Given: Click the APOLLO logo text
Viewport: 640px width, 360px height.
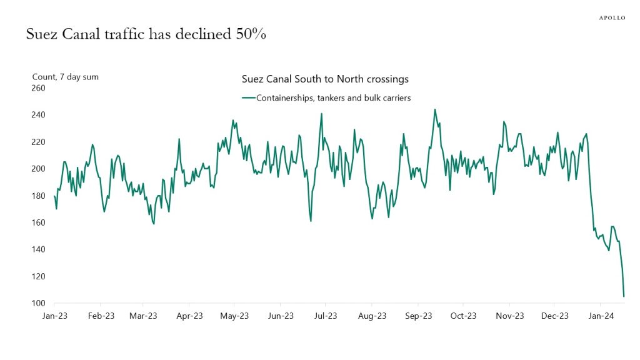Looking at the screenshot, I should click(612, 17).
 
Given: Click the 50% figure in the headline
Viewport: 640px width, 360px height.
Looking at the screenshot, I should click(249, 35).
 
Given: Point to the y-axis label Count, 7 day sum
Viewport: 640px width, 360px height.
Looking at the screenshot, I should click(66, 77).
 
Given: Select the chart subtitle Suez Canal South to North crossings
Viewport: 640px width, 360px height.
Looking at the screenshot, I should click(325, 79).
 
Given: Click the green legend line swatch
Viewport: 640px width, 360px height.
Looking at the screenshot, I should click(248, 98).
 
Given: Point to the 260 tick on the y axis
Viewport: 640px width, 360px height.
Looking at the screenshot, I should click(39, 88).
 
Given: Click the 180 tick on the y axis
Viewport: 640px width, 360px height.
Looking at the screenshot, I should click(39, 196).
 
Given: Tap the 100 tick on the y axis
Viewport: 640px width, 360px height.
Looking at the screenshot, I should click(39, 304).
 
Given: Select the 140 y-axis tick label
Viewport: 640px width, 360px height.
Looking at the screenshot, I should click(39, 249).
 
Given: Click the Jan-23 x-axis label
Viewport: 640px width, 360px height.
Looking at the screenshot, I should click(54, 316).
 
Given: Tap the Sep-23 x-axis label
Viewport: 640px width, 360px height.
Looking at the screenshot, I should click(418, 316).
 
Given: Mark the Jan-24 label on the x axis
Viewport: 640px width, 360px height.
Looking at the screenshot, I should click(601, 316).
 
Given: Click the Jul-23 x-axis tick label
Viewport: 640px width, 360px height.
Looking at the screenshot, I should click(327, 316).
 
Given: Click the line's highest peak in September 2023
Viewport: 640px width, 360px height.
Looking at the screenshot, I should click(434, 109).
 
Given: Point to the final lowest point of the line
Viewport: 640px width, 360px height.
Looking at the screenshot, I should click(624, 296).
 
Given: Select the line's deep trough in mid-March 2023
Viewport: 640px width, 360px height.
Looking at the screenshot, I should click(154, 224).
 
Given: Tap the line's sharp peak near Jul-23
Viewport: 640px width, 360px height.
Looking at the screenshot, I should click(321, 114).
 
